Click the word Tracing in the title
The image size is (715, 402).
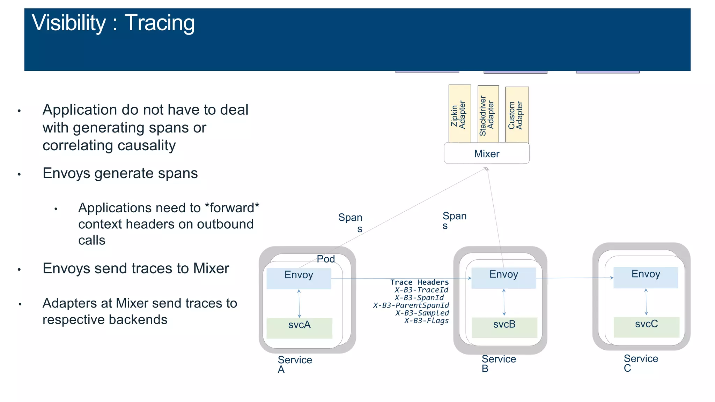click(160, 23)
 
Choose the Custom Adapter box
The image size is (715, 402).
click(517, 115)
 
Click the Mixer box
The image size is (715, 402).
click(486, 154)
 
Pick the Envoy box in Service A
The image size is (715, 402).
click(298, 278)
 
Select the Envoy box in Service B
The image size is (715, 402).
click(503, 278)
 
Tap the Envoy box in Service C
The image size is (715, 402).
click(645, 278)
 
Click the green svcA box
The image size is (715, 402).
click(299, 328)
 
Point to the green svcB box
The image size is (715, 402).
click(504, 327)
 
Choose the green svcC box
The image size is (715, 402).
click(646, 327)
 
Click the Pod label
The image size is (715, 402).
click(325, 259)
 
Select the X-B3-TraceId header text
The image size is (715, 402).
click(421, 290)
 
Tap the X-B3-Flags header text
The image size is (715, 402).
click(426, 320)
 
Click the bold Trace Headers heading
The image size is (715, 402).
click(419, 282)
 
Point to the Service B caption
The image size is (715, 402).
click(498, 363)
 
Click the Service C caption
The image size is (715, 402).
click(640, 363)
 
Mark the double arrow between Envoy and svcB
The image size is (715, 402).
click(504, 302)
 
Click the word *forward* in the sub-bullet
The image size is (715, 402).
click(232, 208)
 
